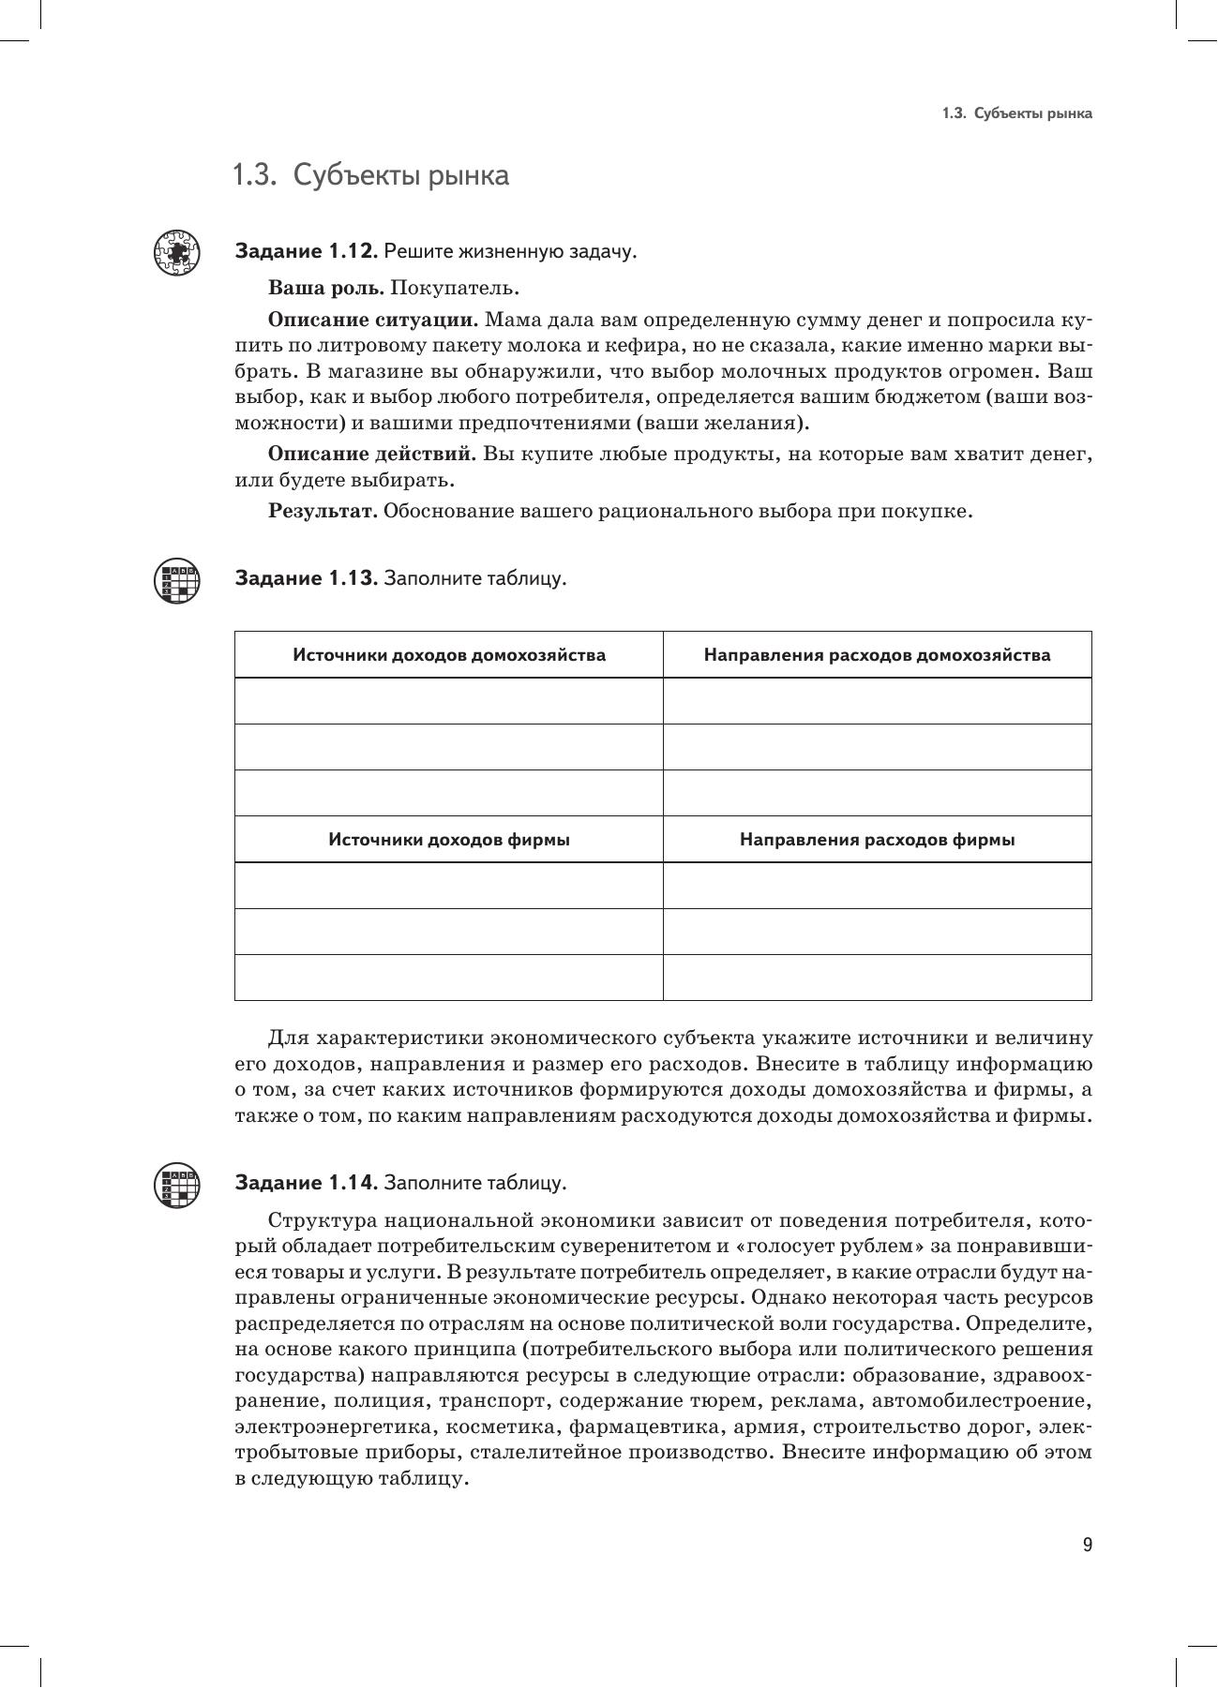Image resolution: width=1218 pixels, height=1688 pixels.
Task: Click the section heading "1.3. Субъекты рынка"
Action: (370, 175)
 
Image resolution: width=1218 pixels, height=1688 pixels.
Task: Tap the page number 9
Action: (1087, 1545)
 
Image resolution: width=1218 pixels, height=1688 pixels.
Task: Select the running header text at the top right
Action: (1016, 113)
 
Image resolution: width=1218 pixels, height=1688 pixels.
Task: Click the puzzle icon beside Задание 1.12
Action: (176, 252)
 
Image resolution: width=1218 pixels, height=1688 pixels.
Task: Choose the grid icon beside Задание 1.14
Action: (176, 1185)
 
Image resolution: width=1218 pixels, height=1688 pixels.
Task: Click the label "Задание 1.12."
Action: (306, 251)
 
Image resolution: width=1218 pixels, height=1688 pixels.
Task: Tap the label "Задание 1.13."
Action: (306, 577)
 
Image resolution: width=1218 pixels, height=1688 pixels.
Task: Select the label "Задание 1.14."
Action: (306, 1183)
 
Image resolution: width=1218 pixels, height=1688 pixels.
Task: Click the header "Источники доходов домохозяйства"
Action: (448, 655)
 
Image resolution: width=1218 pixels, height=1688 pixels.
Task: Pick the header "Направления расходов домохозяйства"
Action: (877, 655)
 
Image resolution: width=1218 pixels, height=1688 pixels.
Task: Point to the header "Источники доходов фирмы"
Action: (448, 840)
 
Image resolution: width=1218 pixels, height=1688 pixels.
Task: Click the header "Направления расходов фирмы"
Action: (877, 840)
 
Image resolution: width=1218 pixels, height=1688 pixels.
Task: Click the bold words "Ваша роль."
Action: (325, 288)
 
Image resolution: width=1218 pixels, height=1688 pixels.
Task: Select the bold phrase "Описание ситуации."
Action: (373, 320)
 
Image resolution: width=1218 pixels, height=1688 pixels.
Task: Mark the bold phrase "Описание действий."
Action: (372, 455)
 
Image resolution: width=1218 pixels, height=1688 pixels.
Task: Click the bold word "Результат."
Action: (323, 512)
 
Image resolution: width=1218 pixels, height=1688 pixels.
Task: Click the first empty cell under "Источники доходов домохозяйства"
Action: (448, 701)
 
